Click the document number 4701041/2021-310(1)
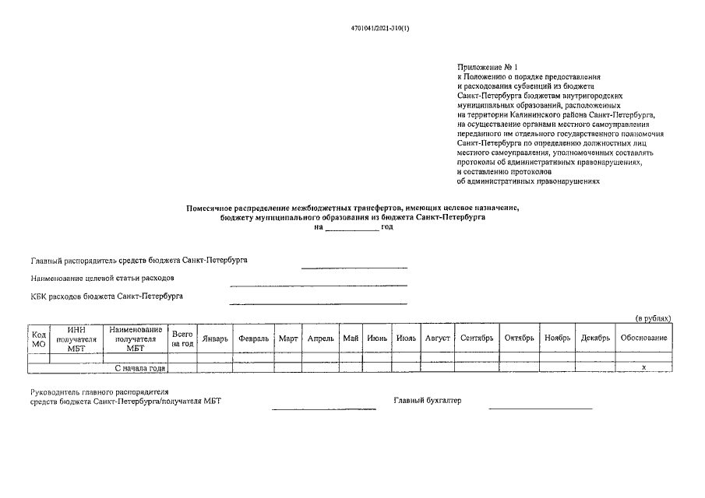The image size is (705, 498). [379, 29]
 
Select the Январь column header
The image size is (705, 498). [214, 338]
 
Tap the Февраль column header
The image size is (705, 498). [253, 338]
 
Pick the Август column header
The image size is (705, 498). [437, 338]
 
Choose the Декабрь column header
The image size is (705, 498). [595, 338]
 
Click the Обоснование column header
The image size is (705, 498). [643, 338]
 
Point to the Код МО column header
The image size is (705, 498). [38, 338]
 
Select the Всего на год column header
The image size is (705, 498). [182, 338]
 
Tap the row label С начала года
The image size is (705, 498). [141, 367]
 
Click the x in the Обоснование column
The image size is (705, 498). [643, 366]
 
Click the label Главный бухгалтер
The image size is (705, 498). [427, 401]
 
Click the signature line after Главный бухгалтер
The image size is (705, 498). [540, 407]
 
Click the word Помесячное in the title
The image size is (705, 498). [214, 208]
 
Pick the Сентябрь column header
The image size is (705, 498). [477, 338]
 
